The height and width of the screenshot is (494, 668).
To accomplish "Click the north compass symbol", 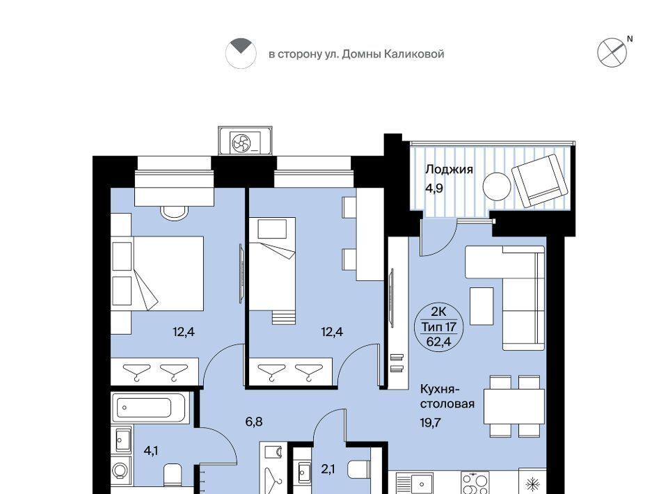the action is [x=612, y=52].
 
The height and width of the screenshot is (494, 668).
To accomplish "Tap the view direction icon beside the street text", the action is [x=241, y=54].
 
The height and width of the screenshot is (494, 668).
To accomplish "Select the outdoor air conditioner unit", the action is [x=245, y=141].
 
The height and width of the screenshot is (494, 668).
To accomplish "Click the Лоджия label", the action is [x=449, y=170].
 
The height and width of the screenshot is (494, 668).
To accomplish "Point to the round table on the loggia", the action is [x=497, y=186].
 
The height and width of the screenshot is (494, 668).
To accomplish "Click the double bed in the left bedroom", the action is [x=168, y=273].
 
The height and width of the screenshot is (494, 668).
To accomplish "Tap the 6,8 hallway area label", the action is [x=253, y=422].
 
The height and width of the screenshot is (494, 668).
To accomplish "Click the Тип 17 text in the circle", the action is [x=439, y=327].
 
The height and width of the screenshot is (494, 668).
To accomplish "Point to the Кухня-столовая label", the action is [x=447, y=396].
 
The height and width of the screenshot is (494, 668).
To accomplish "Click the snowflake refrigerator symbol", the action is [x=532, y=484].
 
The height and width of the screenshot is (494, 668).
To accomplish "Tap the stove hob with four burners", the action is [x=475, y=482].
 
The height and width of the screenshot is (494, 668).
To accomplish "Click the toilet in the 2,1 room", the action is [x=359, y=469].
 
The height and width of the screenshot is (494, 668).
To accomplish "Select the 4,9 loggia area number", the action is [x=434, y=188].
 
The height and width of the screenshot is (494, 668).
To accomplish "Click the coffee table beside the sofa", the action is [x=482, y=306].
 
